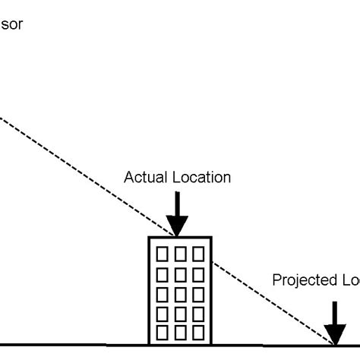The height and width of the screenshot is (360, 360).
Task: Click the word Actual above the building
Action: tap(143, 178)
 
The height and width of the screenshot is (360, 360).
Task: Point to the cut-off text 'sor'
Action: tap(13, 24)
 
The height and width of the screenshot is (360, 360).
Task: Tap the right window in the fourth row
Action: tap(197, 312)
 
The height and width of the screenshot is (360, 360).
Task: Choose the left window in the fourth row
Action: tap(163, 312)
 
